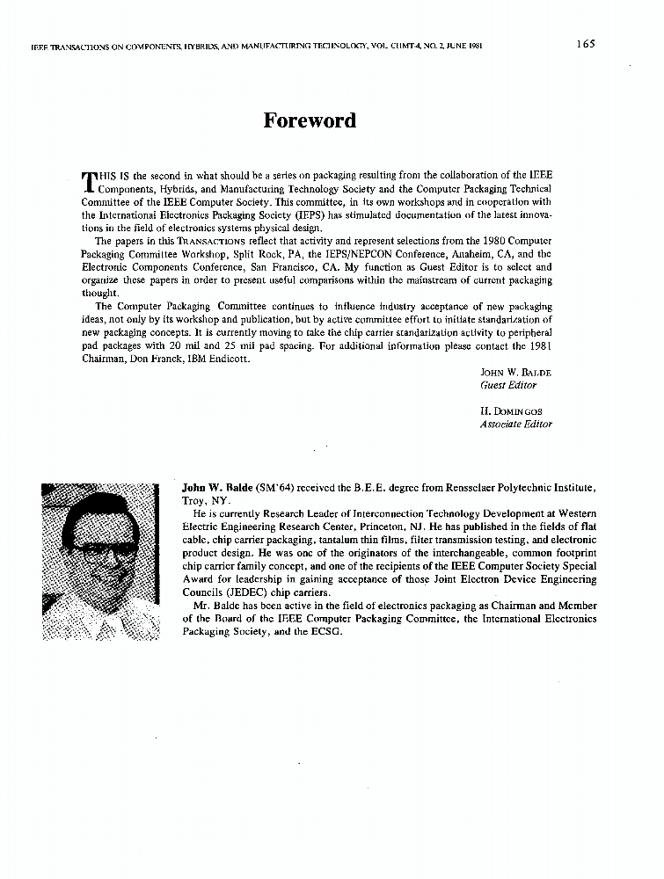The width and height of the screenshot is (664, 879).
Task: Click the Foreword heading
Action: (x=309, y=120)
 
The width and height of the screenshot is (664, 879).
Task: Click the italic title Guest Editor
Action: (x=507, y=385)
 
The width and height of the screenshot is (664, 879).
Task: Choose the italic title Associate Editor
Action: (x=515, y=424)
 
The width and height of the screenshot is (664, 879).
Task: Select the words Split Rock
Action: (x=232, y=254)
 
